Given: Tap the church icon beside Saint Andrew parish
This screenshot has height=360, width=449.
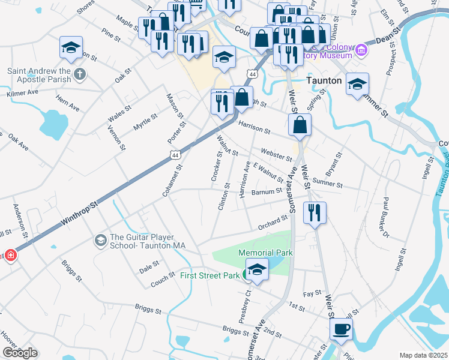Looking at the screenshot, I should pos(80,75).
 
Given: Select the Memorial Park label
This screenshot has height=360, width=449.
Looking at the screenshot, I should pos(265,253).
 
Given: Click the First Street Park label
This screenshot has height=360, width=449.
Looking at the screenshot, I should pos(209,276).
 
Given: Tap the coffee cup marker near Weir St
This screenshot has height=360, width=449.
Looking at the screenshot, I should pos(341,328).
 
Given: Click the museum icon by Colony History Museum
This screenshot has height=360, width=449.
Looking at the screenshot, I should pos(361,50).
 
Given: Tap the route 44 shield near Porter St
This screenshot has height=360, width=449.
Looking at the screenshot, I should pos(175,155).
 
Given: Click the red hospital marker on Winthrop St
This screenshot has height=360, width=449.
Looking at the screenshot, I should pos(10,256).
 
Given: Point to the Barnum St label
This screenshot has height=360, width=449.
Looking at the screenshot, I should pos(267,191).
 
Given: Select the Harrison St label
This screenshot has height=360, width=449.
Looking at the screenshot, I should pos(254,127).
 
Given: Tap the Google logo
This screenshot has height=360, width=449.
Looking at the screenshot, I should pos(20,353).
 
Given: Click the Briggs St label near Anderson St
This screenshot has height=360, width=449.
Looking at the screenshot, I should pos(71,270).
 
